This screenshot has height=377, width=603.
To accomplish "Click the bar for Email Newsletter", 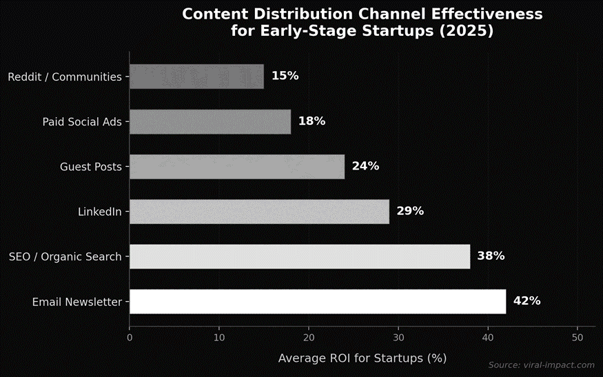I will (x=318, y=302).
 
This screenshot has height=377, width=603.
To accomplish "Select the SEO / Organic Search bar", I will (x=300, y=256).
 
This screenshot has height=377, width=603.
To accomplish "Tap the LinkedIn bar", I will (x=259, y=212).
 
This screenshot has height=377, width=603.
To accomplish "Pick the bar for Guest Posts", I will (x=237, y=167).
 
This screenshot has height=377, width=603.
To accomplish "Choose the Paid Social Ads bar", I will (x=210, y=122).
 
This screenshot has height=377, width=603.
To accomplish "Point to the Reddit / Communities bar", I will (x=196, y=77).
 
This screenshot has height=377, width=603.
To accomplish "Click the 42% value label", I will (x=527, y=301).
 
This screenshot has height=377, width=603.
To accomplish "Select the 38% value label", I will (x=491, y=256).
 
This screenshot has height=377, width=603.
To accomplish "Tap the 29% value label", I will (x=410, y=212).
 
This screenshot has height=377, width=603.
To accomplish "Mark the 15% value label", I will (x=285, y=77).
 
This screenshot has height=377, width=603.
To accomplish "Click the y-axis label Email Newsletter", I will (x=76, y=302).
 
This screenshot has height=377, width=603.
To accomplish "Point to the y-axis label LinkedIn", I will (x=99, y=212).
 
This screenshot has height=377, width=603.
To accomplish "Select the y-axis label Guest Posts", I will (x=90, y=167).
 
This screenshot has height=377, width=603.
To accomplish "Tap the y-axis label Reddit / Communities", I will (x=65, y=77).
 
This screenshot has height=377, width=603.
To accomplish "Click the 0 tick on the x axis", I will (x=130, y=338).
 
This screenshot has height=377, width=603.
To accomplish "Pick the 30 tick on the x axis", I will (x=398, y=338).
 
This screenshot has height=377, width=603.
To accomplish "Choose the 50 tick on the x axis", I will (x=578, y=338).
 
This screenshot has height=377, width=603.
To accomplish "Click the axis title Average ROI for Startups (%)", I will (x=362, y=358).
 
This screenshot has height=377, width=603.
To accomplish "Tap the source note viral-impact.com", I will (x=541, y=365).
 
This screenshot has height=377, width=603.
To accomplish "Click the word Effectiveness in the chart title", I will (x=484, y=14).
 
